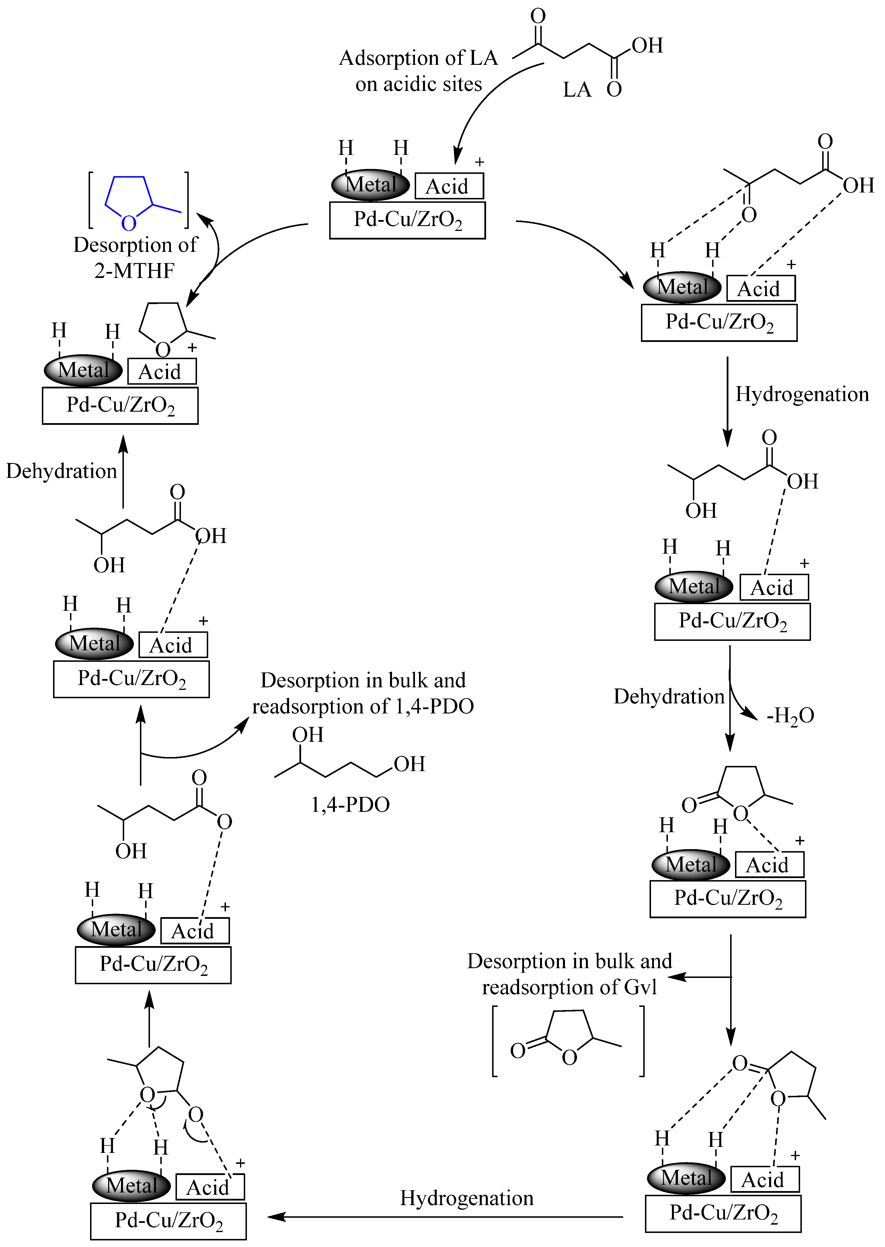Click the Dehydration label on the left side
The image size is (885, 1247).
(x=62, y=471)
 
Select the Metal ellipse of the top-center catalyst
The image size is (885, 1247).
(x=371, y=185)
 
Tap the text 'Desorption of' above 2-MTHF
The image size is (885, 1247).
(x=135, y=245)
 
